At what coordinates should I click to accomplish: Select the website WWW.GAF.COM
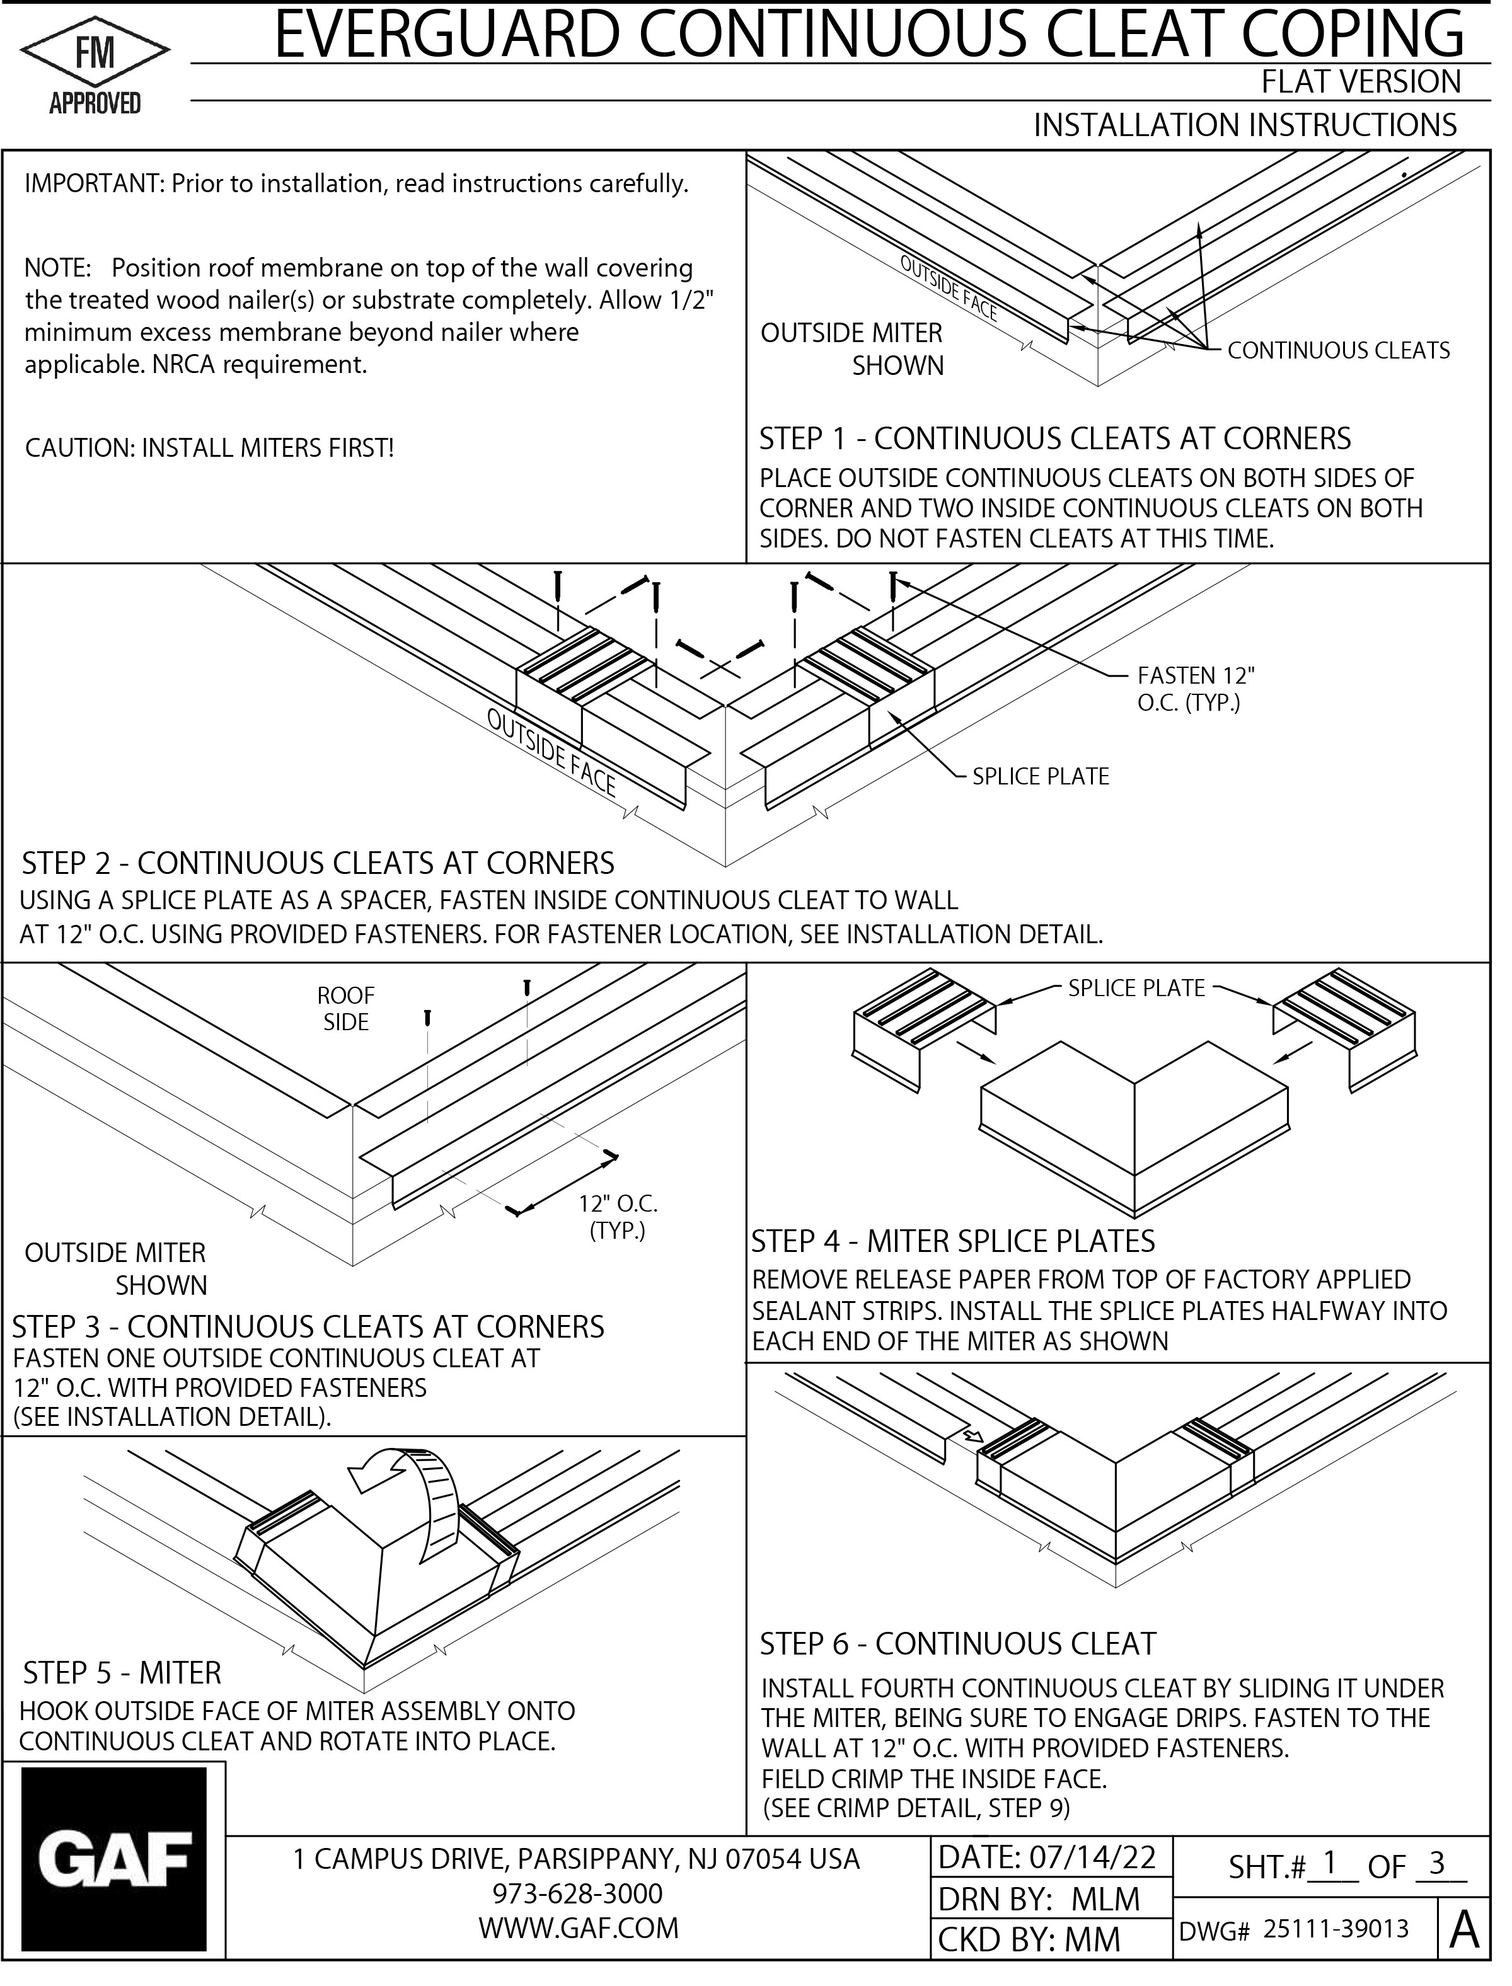(x=578, y=1927)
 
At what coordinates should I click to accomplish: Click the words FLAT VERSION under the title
(x=1360, y=82)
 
